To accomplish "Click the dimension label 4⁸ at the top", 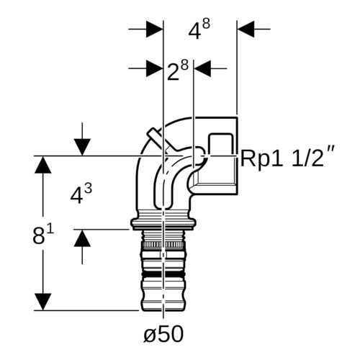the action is coord(199,30).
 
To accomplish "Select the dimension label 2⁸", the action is coord(178,70).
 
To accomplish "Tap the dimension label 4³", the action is coord(81,194).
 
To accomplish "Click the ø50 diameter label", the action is coord(163,334).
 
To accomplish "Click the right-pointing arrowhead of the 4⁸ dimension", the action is coord(155,30).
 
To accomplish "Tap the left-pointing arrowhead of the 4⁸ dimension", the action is coord(246,30).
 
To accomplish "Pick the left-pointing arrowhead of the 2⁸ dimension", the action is coord(202,68).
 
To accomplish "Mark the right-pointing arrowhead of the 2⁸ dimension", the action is coord(155,68).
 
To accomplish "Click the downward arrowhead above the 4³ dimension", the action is coord(82,148).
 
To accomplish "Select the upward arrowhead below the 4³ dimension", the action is coord(82,238).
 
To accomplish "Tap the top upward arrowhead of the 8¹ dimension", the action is coord(43,165).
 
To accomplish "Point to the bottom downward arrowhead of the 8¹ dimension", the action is coord(43,302).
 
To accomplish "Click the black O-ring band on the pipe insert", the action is coord(163,274).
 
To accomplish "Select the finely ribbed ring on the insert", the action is coord(163,246).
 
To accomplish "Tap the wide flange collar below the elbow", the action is coord(163,222).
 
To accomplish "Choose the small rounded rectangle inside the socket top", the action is coord(221,143).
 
